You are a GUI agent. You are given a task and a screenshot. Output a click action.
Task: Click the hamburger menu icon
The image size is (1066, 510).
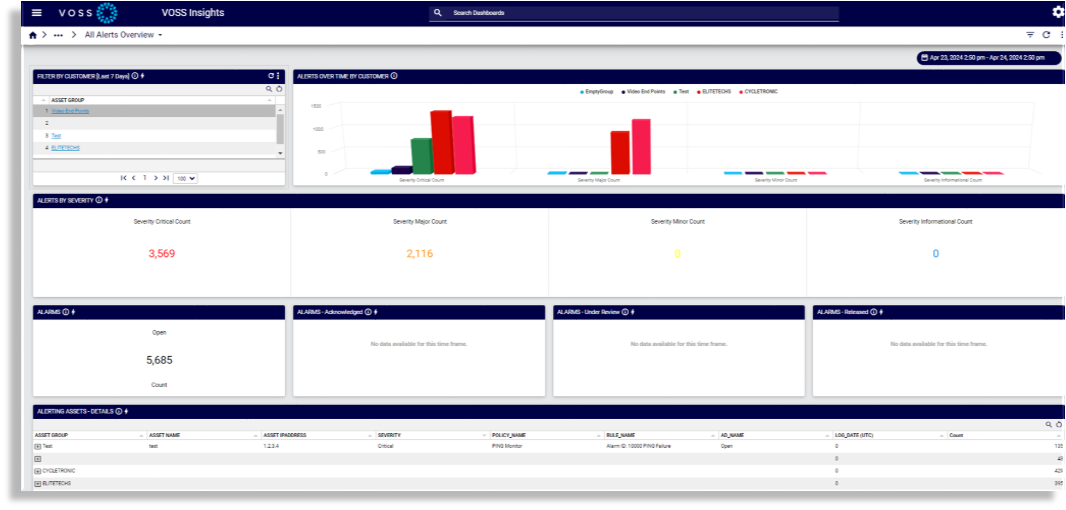(36, 13)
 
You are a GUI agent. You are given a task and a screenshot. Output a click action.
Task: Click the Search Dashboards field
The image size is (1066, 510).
(635, 13)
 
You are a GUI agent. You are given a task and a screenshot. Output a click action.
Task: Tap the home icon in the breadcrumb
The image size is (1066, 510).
(33, 35)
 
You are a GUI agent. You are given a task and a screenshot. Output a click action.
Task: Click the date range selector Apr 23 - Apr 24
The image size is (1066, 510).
(988, 57)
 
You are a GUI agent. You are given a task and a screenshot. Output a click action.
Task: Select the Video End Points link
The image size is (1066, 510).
(70, 111)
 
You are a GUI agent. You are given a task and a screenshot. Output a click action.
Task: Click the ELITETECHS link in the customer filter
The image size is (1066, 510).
(66, 148)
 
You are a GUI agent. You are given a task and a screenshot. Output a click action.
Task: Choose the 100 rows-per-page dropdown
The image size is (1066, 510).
(185, 179)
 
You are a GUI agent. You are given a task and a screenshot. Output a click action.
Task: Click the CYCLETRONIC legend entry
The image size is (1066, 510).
(760, 92)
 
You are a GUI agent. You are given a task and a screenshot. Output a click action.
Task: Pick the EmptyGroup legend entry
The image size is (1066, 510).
(598, 92)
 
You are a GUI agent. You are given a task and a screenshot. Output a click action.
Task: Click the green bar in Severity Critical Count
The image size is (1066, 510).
(422, 156)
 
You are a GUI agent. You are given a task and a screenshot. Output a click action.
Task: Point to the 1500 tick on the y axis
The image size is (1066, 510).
(316, 106)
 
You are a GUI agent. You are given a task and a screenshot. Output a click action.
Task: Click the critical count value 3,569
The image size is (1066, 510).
(162, 254)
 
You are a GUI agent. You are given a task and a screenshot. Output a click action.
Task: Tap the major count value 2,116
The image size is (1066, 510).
(419, 254)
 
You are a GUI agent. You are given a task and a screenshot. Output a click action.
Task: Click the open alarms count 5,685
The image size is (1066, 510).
(159, 360)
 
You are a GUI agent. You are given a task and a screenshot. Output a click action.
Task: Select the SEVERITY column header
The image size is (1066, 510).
(390, 436)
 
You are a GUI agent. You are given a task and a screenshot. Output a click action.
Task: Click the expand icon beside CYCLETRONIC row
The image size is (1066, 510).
(38, 471)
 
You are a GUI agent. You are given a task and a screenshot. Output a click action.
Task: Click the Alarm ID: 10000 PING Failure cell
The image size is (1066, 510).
(638, 446)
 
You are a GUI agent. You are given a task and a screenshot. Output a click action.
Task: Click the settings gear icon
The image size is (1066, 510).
(1057, 12)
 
